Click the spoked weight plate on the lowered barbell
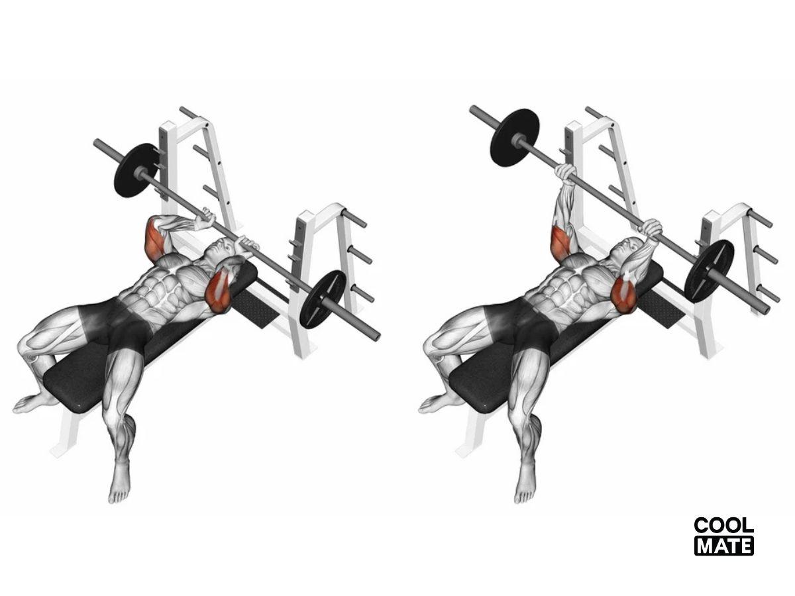click(323, 299)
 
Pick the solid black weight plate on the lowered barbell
click(136, 170)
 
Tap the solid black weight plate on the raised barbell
click(514, 138)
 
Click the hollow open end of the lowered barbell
click(376, 336)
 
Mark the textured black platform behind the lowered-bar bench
click(255, 309)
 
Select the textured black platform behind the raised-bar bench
click(661, 309)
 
